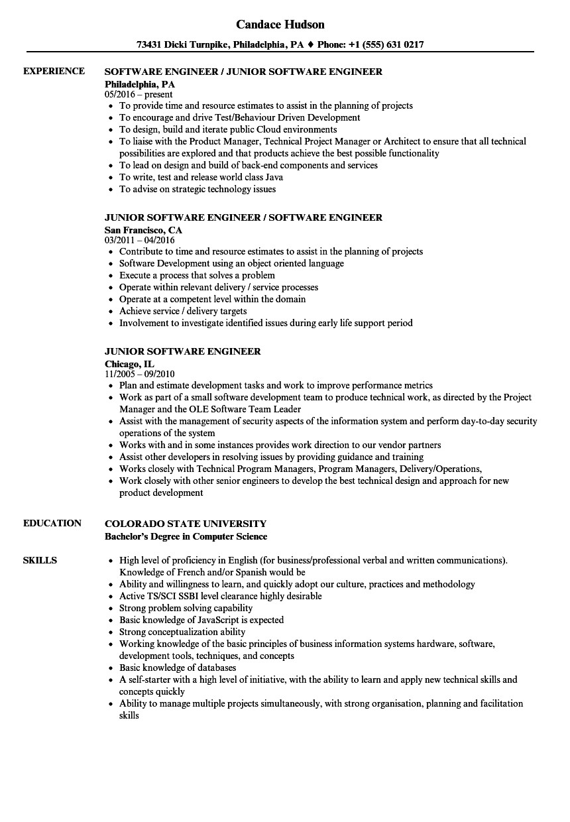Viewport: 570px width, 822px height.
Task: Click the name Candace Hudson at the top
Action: click(280, 25)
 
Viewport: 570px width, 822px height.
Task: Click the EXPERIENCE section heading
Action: click(54, 71)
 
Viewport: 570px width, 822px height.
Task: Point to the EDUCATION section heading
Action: click(52, 523)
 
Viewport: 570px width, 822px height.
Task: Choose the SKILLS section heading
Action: click(40, 560)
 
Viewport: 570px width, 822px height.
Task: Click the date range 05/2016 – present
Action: click(139, 94)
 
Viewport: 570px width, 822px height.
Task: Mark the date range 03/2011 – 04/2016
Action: click(139, 240)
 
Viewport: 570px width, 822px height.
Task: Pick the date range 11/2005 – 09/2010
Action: click(139, 374)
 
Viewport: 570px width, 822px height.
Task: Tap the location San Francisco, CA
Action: click(143, 230)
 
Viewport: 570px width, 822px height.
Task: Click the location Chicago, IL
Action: click(129, 364)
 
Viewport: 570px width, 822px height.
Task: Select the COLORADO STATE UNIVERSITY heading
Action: click(186, 524)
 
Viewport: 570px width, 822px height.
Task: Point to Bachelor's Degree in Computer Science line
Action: click(186, 536)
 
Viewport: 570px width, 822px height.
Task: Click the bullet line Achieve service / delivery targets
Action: click(183, 311)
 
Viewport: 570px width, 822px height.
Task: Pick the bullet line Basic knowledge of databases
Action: click(178, 668)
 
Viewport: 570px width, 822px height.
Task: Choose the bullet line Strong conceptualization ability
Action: click(182, 632)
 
